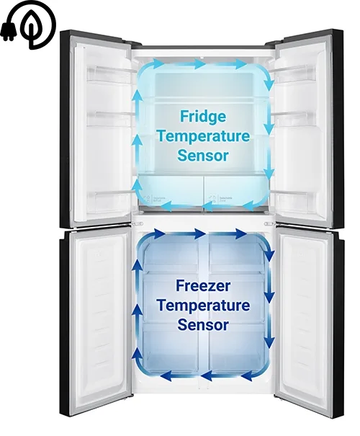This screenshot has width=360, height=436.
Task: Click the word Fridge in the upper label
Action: coord(203,117)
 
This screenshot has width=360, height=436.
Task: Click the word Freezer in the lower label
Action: coord(203,285)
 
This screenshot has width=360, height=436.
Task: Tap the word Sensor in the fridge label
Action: coord(203,155)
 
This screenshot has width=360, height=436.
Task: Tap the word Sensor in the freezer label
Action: coord(203,324)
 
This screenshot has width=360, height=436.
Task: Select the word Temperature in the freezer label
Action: coord(203,306)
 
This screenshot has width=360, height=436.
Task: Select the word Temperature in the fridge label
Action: coord(203,136)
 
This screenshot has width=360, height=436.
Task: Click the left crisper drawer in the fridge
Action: coord(170,190)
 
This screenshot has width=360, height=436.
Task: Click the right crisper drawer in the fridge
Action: coord(236,190)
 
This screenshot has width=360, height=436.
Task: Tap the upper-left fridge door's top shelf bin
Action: coord(108,74)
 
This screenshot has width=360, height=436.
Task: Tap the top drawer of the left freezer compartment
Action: coord(171,253)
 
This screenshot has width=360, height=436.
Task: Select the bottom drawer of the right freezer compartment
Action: coord(236,347)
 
